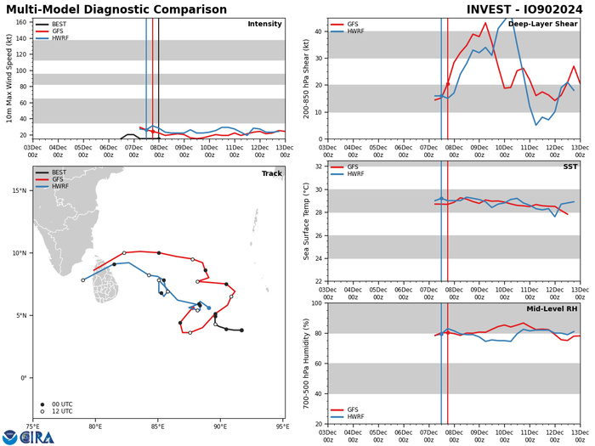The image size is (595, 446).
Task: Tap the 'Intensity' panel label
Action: click(x=264, y=24)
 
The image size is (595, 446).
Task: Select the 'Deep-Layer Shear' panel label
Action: click(x=542, y=24)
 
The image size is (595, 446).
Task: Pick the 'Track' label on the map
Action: click(x=271, y=173)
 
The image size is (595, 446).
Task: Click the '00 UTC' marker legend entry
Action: click(x=58, y=404)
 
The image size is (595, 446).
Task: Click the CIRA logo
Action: click(x=27, y=437)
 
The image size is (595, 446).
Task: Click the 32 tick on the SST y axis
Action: click(x=318, y=167)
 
